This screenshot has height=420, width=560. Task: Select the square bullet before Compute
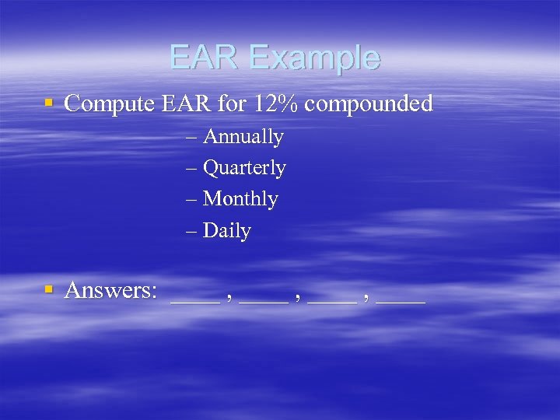click(x=49, y=103)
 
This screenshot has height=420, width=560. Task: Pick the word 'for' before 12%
click(x=229, y=103)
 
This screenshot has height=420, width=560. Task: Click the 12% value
click(x=273, y=103)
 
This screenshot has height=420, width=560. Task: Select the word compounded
click(x=369, y=104)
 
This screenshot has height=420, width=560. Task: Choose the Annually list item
click(x=243, y=138)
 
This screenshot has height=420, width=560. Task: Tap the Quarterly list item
click(x=244, y=169)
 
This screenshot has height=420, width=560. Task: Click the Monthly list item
click(x=240, y=200)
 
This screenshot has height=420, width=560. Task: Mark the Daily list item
click(x=226, y=232)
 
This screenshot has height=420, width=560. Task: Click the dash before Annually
click(x=192, y=138)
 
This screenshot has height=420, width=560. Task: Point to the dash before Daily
click(x=192, y=231)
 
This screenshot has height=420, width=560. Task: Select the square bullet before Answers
click(x=49, y=289)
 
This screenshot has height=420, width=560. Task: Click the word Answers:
click(x=111, y=290)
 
